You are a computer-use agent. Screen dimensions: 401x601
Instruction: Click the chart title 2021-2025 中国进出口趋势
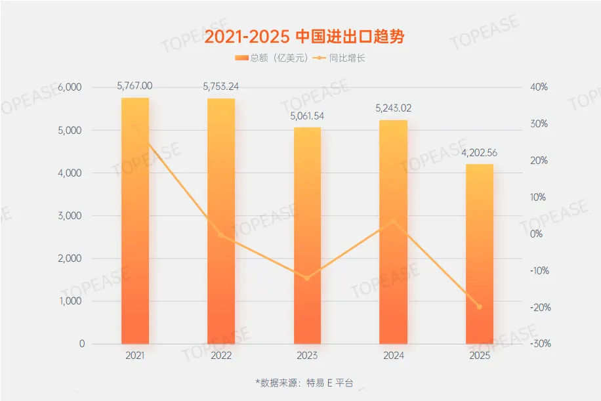[304, 36]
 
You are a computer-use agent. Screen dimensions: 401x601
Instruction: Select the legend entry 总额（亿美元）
[271, 58]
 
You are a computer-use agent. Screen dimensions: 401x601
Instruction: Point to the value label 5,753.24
[221, 86]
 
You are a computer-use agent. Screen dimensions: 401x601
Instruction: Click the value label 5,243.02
[394, 108]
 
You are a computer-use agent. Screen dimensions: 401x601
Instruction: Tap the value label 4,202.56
[479, 152]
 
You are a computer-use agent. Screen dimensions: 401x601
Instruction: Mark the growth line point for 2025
[479, 306]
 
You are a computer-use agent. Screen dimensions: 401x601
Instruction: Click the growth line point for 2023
[307, 278]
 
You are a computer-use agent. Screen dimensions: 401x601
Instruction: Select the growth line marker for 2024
[393, 221]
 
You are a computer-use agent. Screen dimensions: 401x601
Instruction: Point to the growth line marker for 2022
[221, 235]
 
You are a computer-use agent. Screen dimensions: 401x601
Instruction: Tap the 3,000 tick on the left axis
[71, 216]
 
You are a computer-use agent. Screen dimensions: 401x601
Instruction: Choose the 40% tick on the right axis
[538, 87]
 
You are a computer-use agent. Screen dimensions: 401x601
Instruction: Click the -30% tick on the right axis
[538, 344]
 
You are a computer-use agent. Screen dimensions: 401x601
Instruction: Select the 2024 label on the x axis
[393, 355]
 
